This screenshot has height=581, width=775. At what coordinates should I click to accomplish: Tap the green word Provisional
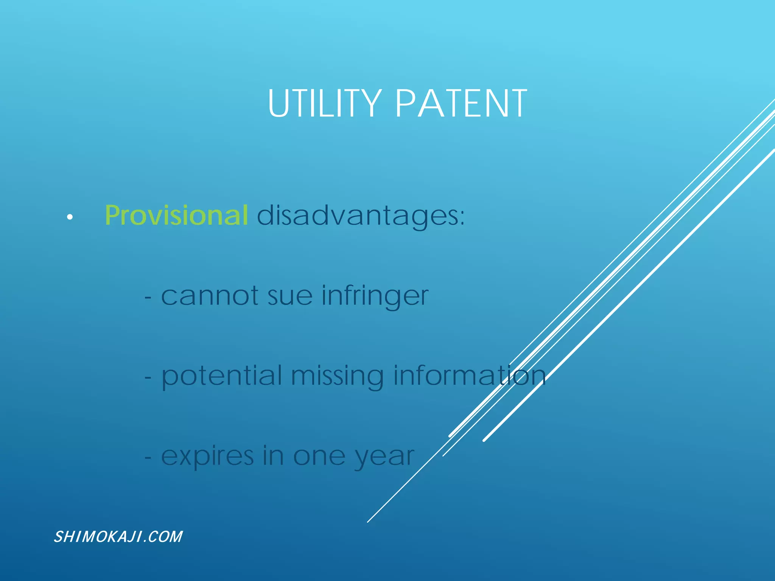click(x=176, y=216)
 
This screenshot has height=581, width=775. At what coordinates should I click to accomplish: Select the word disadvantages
click(x=358, y=216)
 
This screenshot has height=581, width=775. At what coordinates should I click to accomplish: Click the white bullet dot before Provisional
click(x=70, y=217)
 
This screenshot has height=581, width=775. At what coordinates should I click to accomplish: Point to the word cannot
click(x=210, y=296)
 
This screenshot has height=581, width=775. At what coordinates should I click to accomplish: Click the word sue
click(x=290, y=297)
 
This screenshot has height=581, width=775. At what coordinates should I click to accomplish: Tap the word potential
click(x=222, y=377)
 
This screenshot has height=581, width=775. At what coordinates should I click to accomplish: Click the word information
click(x=469, y=376)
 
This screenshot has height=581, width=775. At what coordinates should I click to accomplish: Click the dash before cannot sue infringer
click(x=148, y=298)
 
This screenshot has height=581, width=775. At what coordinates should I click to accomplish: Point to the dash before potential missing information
click(x=148, y=378)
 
